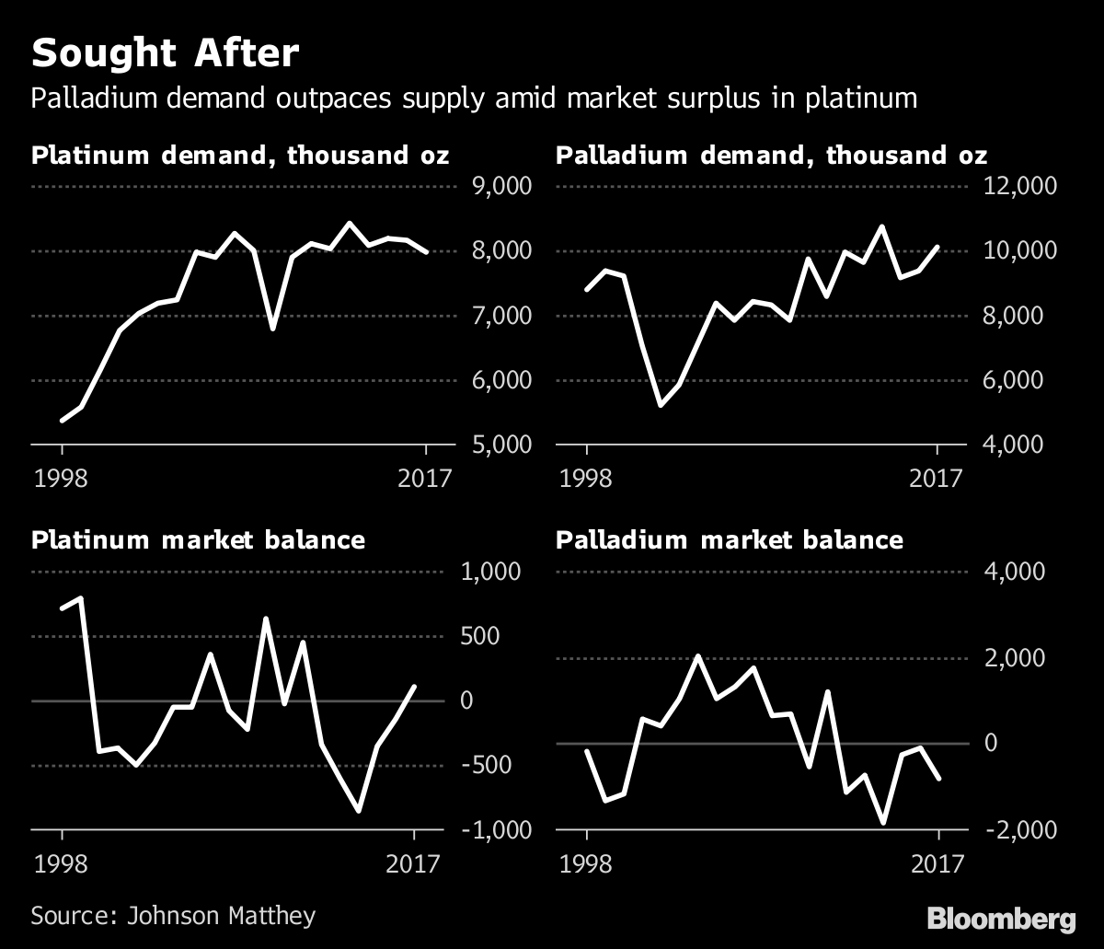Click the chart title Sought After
coord(166,53)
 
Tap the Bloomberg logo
coord(1001,918)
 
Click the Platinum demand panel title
coord(240,155)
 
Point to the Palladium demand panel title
coord(772,155)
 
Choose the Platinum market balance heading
coord(198,539)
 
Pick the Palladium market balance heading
coord(730,539)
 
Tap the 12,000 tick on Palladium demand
coord(1020,187)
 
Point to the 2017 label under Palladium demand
coord(937,479)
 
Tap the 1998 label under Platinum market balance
coord(62,864)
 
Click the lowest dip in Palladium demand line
coord(660,405)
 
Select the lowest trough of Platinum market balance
coord(359,811)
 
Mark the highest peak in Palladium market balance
coord(698,656)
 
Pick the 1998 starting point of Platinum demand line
coord(63,421)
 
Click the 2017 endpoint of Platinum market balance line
coord(415,686)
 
